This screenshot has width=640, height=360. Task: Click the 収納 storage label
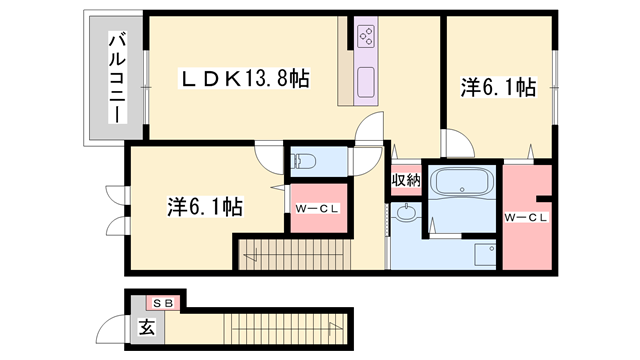[x=406, y=180]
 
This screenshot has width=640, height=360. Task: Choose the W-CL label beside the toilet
[x=317, y=208]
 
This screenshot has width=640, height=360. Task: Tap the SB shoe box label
[x=162, y=302]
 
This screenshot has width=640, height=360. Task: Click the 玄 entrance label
[x=147, y=326]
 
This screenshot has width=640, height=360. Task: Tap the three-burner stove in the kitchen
[x=365, y=37]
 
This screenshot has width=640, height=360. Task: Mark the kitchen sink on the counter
[x=364, y=81]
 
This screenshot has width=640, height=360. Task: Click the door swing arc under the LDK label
[x=370, y=128]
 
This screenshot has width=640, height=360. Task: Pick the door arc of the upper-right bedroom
[x=456, y=144]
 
